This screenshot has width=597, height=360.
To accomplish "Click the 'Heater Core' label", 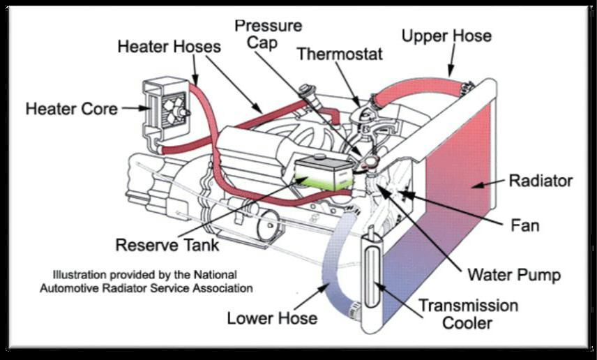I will (x=71, y=109).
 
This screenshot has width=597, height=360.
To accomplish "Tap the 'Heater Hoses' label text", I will (x=169, y=47).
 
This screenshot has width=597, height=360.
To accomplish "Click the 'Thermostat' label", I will (x=340, y=54).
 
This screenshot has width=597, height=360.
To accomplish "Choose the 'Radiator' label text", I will (x=541, y=181).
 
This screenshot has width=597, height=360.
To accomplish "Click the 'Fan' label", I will (x=524, y=225).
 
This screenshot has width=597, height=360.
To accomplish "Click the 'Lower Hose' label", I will (x=272, y=318).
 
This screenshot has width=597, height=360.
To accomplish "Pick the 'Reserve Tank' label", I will (x=167, y=245).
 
